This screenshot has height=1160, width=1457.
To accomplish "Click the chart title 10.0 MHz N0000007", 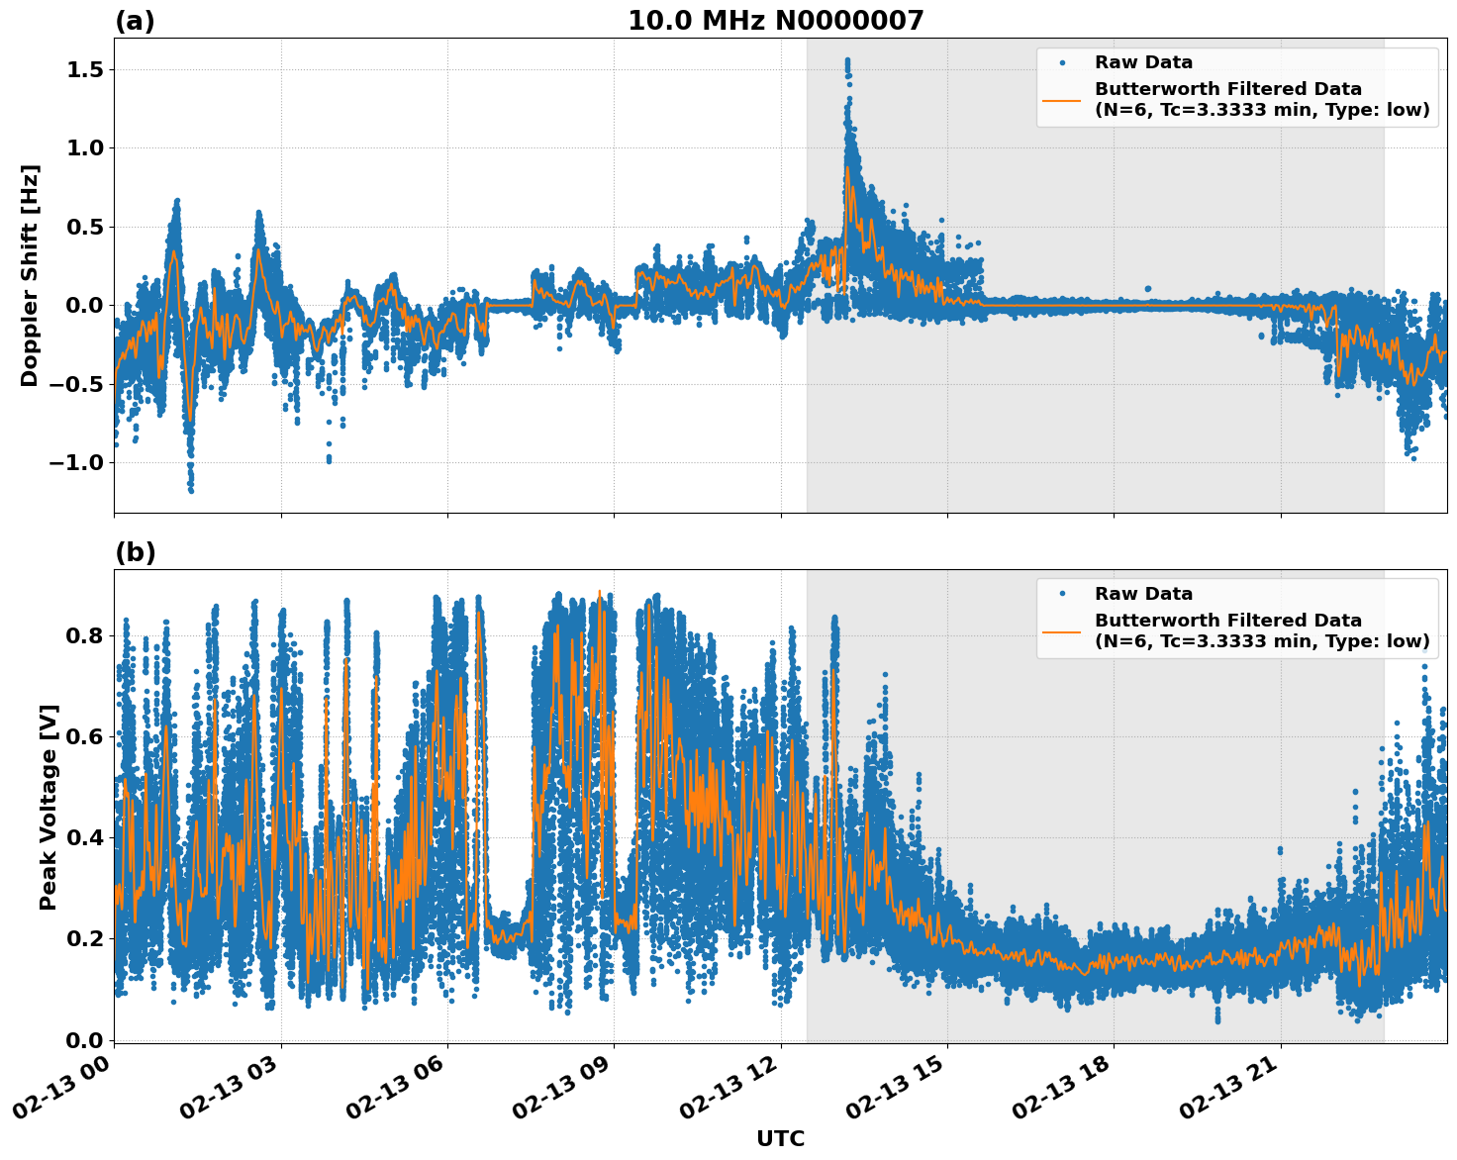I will click(775, 21).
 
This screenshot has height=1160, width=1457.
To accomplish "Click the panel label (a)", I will click(135, 21).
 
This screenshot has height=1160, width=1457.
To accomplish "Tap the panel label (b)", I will click(135, 552).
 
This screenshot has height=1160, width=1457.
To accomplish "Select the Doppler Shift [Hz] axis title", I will click(30, 275).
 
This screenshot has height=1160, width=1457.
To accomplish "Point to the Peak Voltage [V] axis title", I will click(49, 807).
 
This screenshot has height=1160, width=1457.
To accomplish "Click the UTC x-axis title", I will click(780, 1138).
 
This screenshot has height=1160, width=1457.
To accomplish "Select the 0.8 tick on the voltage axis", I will click(85, 634).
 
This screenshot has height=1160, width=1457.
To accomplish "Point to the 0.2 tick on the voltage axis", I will click(85, 937).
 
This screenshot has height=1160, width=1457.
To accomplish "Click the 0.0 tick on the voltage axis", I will click(85, 1039).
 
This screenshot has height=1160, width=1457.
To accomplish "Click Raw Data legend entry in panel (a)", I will click(1143, 62).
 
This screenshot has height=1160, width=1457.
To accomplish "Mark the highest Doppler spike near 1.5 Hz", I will click(847, 61).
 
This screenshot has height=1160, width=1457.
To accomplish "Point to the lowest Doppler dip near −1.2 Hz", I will click(191, 489).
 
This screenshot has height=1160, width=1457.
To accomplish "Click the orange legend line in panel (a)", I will click(1061, 99).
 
